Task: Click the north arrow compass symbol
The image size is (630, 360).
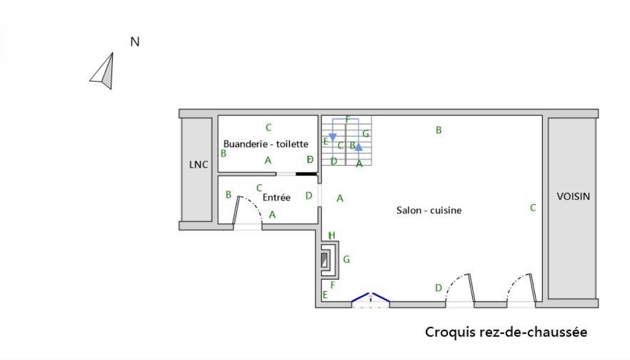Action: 103,72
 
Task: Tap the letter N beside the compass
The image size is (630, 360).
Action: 135,42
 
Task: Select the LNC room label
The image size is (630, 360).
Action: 198,165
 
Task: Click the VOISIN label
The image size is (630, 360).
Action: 573,196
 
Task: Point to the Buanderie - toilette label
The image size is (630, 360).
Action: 266,144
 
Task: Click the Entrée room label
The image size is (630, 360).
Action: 276,198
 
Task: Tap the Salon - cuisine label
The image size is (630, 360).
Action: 429,211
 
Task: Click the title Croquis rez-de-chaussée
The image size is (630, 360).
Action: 506,332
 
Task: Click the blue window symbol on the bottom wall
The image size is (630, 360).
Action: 370,298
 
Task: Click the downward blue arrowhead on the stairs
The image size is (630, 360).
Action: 332,137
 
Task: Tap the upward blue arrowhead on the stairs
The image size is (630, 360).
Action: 358,147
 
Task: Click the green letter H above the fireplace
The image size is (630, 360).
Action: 332,235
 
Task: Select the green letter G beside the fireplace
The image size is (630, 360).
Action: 346,259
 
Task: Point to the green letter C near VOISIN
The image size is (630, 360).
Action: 533,208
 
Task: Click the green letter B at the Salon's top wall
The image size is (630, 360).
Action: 439,130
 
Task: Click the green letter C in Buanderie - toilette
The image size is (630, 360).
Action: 268,128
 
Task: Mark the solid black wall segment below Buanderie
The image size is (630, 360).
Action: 306,174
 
